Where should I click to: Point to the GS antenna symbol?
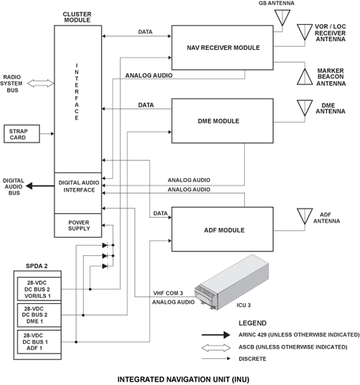tap(282, 18)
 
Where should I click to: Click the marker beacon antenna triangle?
tap(305, 77)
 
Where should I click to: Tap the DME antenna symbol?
tap(305, 108)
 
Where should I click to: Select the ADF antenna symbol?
tap(305, 216)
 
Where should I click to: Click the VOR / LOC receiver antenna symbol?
tap(305, 32)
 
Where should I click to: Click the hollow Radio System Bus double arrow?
tap(41, 84)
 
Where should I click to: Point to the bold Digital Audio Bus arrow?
tap(40, 186)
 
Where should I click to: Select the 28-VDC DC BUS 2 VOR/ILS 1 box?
tap(39, 289)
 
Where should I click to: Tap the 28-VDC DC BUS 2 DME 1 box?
tap(39, 315)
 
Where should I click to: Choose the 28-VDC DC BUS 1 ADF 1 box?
tap(39, 342)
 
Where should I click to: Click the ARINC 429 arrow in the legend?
tap(216, 335)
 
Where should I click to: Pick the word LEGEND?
tap(253, 323)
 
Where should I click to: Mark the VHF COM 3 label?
tap(168, 293)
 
